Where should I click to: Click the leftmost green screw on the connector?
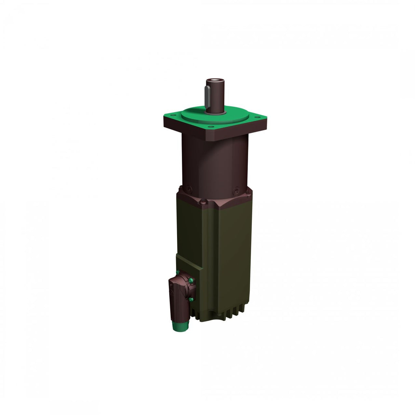pos(177,272)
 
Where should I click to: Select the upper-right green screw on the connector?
pos(192,281)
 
